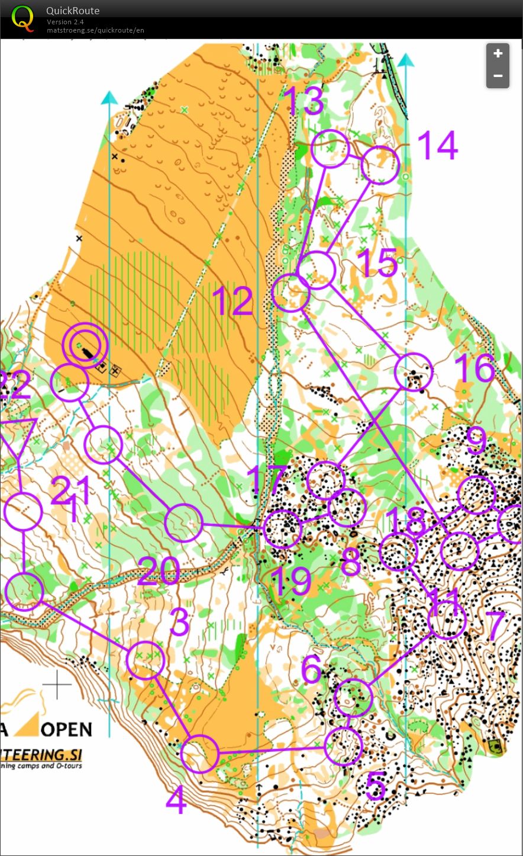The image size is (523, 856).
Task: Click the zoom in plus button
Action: coord(498,54)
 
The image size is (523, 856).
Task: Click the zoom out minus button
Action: coord(498,76)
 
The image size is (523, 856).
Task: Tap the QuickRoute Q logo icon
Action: coord(23,18)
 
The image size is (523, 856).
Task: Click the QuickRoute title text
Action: coord(73,11)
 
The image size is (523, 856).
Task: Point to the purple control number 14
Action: coord(437,145)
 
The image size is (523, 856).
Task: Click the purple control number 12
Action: coord(232,302)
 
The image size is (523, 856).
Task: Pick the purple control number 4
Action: coord(176,800)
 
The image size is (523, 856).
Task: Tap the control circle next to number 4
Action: coord(200,754)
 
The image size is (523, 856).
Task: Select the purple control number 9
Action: coord(476,441)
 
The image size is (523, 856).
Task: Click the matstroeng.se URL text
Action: coord(95,30)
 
